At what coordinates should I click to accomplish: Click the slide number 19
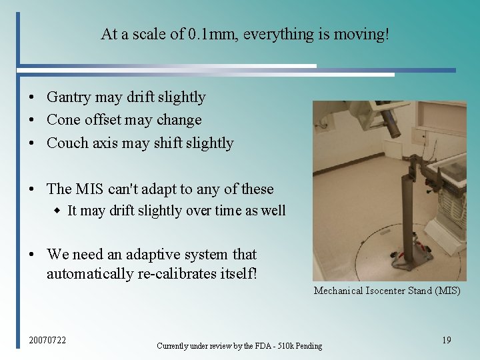click(447, 341)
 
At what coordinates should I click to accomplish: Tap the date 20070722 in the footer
click(47, 341)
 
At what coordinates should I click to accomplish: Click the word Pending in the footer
click(307, 346)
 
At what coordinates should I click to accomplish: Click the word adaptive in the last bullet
click(145, 255)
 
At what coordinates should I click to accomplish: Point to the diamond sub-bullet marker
click(57, 211)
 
